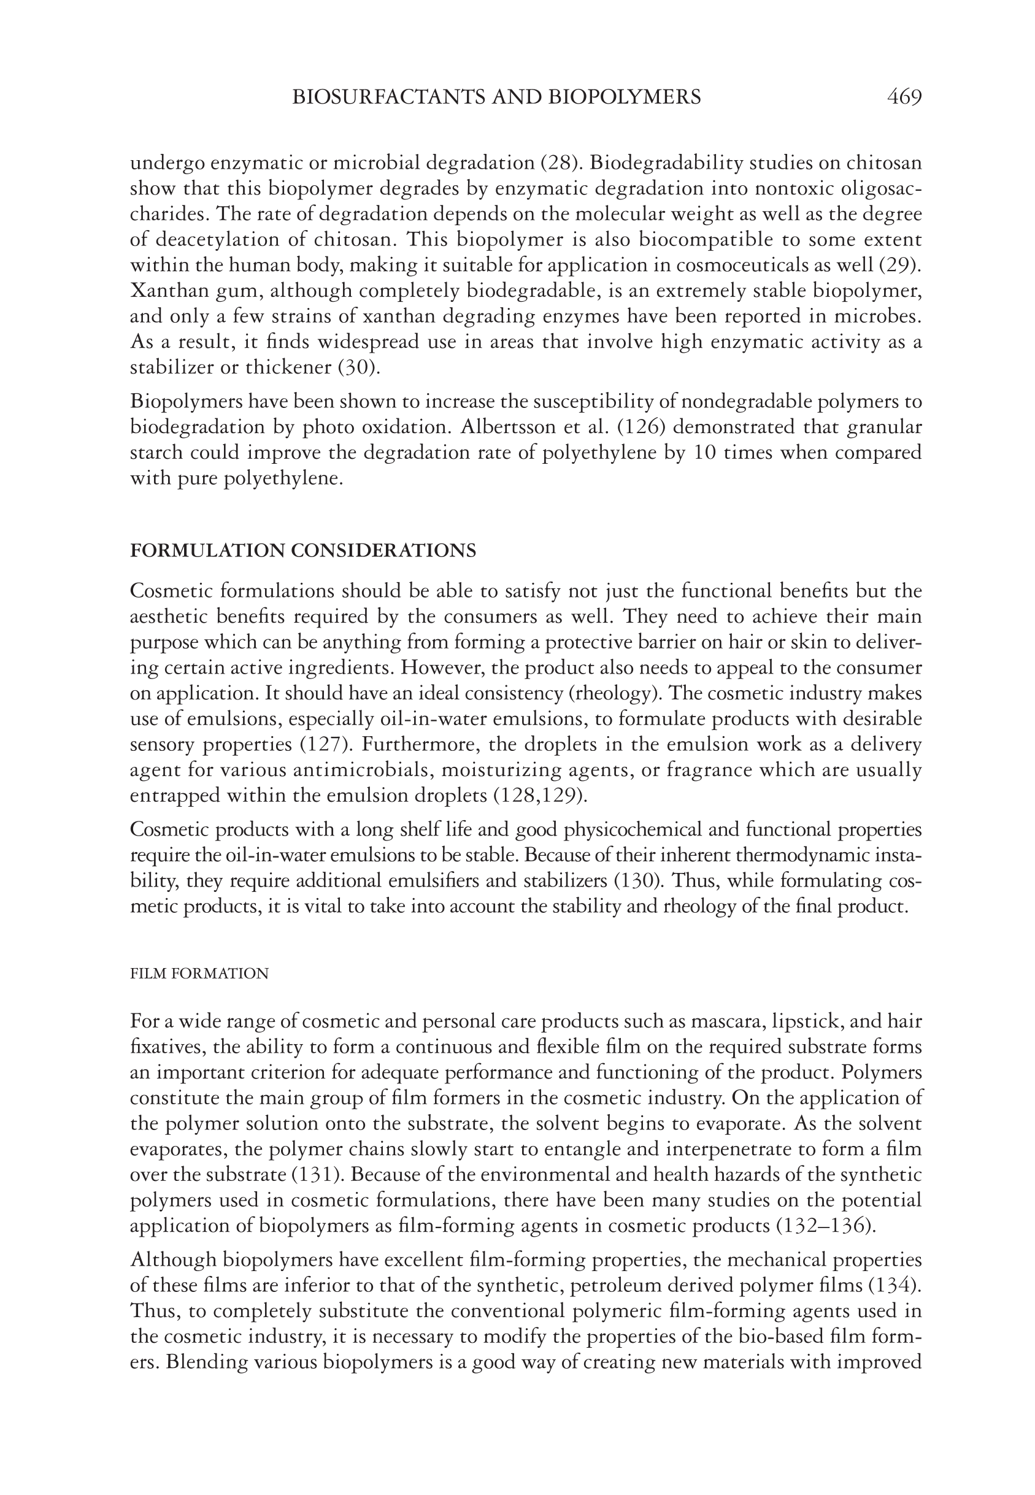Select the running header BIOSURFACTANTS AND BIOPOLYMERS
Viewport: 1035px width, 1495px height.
pyautogui.click(x=497, y=98)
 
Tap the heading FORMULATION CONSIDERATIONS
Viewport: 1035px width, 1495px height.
pyautogui.click(x=303, y=550)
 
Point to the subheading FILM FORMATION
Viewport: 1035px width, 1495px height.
pyautogui.click(x=199, y=974)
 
